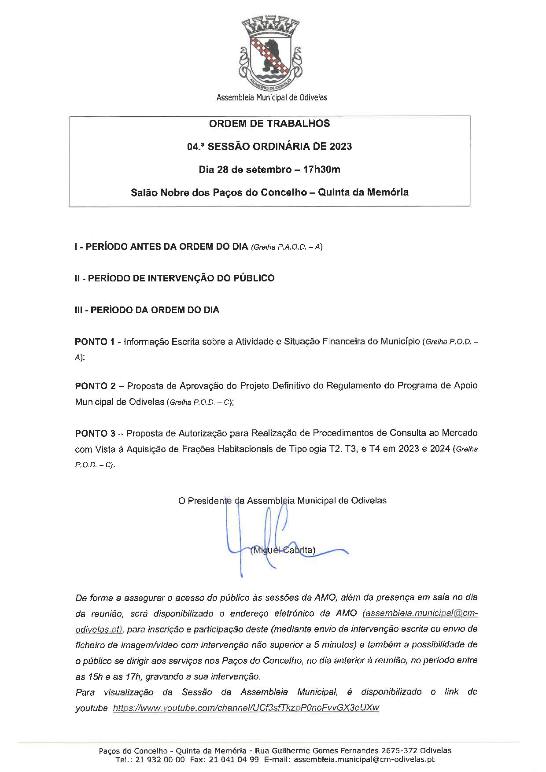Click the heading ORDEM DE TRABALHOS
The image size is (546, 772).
(269, 124)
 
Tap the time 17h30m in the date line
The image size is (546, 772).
(318, 170)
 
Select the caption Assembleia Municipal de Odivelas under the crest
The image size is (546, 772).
(272, 97)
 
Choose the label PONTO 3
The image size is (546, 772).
(95, 433)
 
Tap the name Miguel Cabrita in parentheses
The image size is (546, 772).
(283, 550)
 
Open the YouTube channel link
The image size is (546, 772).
(246, 708)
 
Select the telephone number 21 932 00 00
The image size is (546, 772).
(157, 760)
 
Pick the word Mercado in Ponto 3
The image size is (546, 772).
(460, 433)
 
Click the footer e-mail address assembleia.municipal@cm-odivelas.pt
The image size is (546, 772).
(364, 760)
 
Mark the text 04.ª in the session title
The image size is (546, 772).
(196, 147)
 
